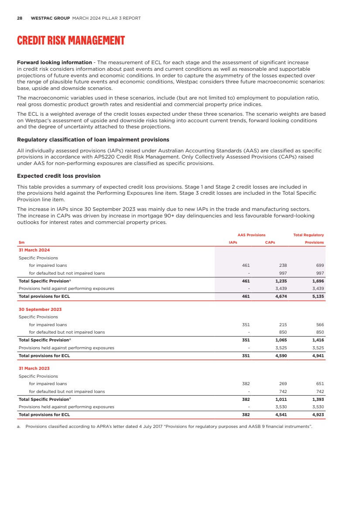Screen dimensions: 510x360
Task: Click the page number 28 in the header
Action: (20, 18)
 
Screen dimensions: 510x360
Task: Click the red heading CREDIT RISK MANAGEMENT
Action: (71, 41)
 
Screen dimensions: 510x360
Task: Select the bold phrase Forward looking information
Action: (54, 62)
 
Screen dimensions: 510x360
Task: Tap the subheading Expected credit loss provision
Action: (58, 176)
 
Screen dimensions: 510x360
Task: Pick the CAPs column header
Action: (270, 242)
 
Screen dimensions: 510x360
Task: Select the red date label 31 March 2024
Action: (34, 250)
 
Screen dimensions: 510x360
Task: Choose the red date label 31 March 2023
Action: (34, 369)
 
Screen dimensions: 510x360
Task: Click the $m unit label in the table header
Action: (21, 242)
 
